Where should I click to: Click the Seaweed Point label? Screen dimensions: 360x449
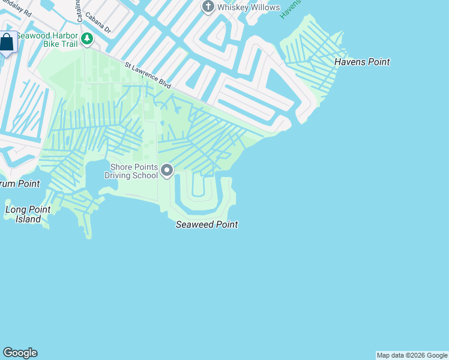pyautogui.click(x=206, y=225)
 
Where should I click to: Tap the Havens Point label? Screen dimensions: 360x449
pyautogui.click(x=362, y=62)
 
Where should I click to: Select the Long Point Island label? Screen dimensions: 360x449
pyautogui.click(x=28, y=214)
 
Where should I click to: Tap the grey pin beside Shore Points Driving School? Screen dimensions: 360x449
pyautogui.click(x=167, y=172)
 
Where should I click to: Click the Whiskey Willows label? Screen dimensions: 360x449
pyautogui.click(x=249, y=7)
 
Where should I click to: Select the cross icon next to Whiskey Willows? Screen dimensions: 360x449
pyautogui.click(x=208, y=7)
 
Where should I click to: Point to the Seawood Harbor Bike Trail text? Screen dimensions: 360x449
pyautogui.click(x=48, y=40)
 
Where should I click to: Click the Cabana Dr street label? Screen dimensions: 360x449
pyautogui.click(x=98, y=23)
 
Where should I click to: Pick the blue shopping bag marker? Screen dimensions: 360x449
pyautogui.click(x=7, y=43)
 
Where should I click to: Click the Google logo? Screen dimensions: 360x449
pyautogui.click(x=20, y=353)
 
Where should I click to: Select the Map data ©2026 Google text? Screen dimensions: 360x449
pyautogui.click(x=412, y=355)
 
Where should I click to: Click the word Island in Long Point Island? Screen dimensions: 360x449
pyautogui.click(x=28, y=219)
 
